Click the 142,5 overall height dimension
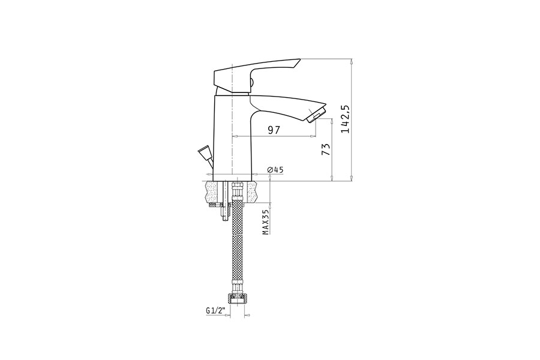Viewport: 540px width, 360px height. coord(345,119)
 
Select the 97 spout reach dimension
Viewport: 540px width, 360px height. coord(274,130)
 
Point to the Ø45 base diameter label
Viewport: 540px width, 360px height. coord(275,169)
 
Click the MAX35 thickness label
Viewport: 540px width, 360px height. coord(266,221)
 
